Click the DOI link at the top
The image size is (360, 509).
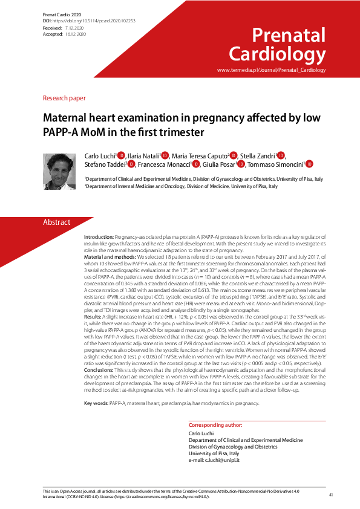[97, 21]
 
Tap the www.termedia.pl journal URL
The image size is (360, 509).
[271, 70]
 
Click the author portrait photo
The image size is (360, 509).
[59, 170]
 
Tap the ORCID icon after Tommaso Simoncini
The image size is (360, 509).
[309, 164]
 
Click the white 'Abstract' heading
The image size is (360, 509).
[57, 222]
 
